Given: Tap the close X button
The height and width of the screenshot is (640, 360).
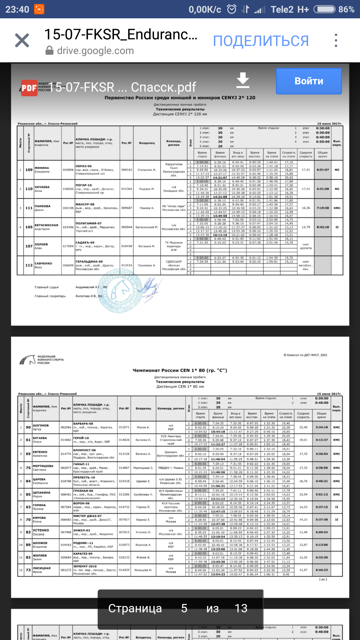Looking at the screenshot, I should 22,40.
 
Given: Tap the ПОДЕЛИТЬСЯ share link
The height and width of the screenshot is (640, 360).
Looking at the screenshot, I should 261,41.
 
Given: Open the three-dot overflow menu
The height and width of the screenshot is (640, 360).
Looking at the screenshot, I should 336,40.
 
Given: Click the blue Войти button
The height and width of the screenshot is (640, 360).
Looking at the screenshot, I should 309,81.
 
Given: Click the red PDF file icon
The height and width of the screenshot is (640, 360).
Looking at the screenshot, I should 29,88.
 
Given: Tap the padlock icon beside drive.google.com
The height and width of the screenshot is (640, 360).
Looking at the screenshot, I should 49,51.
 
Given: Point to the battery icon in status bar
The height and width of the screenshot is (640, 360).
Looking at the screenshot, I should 324,9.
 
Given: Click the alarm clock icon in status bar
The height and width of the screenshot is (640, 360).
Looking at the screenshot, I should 232,9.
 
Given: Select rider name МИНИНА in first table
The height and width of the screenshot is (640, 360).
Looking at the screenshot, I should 42,168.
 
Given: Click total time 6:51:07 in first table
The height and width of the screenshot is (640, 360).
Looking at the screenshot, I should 322,170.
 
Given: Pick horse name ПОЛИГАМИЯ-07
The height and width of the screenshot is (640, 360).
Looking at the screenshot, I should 88,223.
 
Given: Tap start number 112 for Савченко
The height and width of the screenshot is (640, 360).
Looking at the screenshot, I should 29,265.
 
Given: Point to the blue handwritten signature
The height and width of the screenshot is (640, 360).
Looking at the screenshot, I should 151,287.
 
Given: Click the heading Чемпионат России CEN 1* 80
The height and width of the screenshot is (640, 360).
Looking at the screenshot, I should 180,370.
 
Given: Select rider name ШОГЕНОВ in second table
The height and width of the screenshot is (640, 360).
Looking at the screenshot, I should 41,425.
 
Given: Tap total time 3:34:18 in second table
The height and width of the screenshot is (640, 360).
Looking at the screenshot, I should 321,427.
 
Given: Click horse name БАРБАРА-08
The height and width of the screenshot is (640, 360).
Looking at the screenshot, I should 83,424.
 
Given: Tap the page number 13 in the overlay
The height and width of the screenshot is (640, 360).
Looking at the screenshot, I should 241,608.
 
